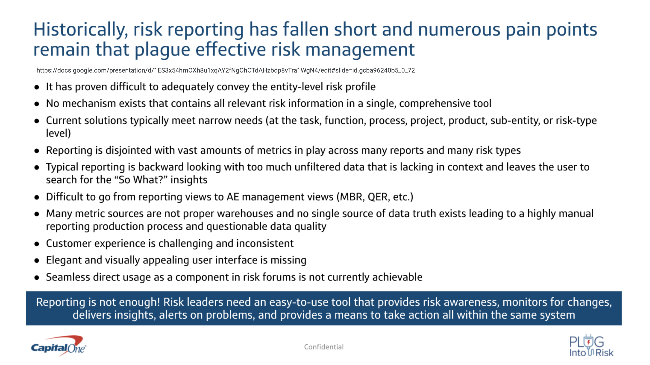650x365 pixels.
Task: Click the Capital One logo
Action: tap(59, 346)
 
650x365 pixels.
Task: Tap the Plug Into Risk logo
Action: tap(591, 346)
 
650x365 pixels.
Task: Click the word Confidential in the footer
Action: tap(324, 347)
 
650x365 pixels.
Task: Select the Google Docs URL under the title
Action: tap(226, 70)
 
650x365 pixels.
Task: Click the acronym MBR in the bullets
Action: tap(352, 197)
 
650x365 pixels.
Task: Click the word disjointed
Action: tap(128, 151)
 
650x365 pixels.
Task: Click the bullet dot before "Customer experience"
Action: tap(37, 244)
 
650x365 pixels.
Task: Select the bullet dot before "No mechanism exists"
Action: tap(37, 104)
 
